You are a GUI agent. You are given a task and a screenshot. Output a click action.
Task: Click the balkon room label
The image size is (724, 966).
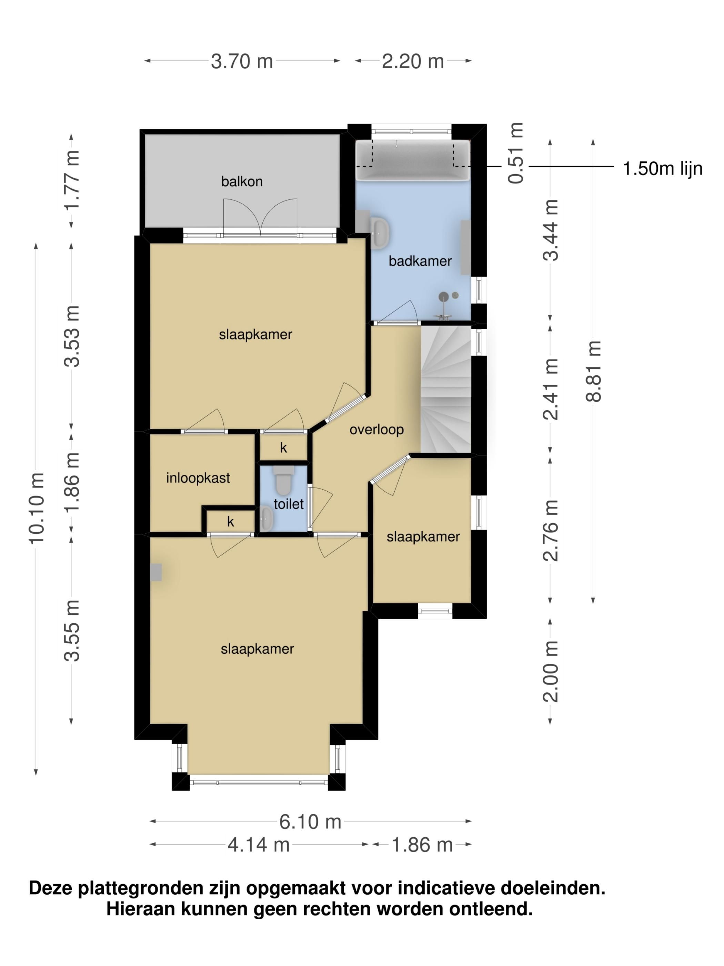tap(242, 181)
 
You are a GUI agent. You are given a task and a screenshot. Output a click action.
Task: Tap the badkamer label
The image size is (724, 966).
tap(420, 261)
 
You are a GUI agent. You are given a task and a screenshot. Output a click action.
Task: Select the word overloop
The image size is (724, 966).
tap(376, 430)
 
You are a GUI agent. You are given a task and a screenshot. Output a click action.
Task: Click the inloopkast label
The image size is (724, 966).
tap(198, 478)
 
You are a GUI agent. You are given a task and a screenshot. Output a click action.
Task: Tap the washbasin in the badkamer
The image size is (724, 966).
tap(380, 232)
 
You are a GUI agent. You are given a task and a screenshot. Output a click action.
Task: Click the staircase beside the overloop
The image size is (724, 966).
tap(446, 390)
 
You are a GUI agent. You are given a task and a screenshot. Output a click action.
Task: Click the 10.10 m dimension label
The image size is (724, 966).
tap(37, 508)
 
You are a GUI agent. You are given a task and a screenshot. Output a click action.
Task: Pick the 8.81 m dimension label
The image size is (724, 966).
tap(593, 371)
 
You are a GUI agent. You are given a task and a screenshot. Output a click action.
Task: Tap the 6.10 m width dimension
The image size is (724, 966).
tap(310, 822)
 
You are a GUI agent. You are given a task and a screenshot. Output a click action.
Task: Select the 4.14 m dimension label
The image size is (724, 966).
tap(259, 845)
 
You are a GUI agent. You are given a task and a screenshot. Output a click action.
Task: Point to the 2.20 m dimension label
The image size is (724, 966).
tap(413, 61)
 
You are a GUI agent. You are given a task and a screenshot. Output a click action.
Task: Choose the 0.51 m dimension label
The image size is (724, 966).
tap(516, 153)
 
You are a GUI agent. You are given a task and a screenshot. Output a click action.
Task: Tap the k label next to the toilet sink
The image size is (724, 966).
tap(230, 521)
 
